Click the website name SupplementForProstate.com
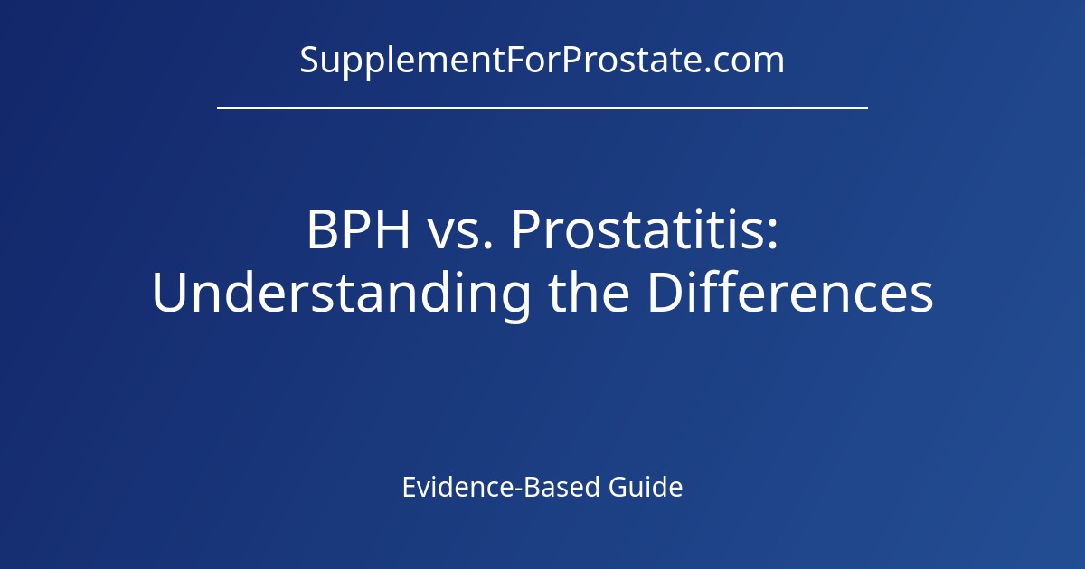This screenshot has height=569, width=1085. click(x=542, y=61)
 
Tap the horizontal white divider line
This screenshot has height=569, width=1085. click(x=542, y=107)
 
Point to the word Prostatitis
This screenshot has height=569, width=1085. click(x=637, y=231)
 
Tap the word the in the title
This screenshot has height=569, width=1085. click(x=588, y=294)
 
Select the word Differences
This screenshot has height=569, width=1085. click(x=789, y=294)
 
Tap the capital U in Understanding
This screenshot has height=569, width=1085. click(x=169, y=294)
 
